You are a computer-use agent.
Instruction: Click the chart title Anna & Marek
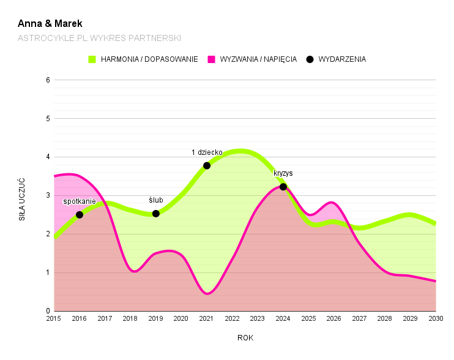pos(50,24)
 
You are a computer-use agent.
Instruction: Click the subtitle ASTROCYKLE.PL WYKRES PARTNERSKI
pos(99,38)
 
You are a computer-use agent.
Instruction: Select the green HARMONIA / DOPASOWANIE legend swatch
pos(92,59)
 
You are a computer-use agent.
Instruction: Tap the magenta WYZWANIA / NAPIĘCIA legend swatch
pos(212,59)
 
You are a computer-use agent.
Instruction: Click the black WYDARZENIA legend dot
pos(310,59)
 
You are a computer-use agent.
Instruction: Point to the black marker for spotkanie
pos(80,214)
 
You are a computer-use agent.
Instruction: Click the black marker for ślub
pos(156,214)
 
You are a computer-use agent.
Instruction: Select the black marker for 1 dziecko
pos(207,165)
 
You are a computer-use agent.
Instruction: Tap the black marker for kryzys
pos(283,187)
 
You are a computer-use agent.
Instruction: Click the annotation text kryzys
pos(283,173)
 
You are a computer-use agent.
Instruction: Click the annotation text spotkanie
pos(80,201)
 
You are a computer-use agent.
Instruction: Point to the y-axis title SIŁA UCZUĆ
pos(22,199)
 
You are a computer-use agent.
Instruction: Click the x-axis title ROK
pos(245,337)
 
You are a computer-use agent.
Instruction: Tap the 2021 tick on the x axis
pos(207,318)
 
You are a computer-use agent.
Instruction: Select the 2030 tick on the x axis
pos(436,318)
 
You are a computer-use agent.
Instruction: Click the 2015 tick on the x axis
pos(54,318)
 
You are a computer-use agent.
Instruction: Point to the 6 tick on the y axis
pos(47,80)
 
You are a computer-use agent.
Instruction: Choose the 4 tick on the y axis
pos(47,157)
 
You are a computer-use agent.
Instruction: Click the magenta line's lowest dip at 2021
pos(207,293)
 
